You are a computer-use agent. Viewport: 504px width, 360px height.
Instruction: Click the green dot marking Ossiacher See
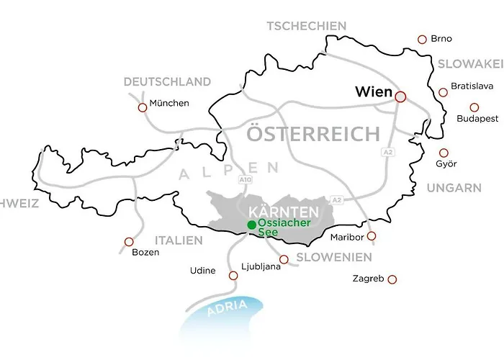pyautogui.click(x=251, y=225)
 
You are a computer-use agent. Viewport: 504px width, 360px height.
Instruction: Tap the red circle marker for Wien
pyautogui.click(x=400, y=95)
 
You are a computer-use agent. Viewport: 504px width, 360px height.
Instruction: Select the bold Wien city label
pyautogui.click(x=373, y=93)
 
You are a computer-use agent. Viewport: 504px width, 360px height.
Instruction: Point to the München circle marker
pyautogui.click(x=142, y=107)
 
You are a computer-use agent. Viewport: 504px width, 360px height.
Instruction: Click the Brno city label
pyautogui.click(x=441, y=39)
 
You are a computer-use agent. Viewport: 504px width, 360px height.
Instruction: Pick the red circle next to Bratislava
pyautogui.click(x=443, y=92)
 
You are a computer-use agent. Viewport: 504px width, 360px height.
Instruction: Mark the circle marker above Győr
pyautogui.click(x=444, y=153)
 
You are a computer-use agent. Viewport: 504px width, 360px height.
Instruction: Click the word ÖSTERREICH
pyautogui.click(x=312, y=134)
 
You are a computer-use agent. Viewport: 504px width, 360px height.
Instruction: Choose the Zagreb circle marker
pyautogui.click(x=392, y=279)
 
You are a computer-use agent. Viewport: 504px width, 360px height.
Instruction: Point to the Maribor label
pyautogui.click(x=345, y=237)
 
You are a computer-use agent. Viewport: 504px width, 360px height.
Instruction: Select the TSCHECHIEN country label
pyautogui.click(x=306, y=26)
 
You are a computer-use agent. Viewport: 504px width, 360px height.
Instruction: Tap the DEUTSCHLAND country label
pyautogui.click(x=167, y=82)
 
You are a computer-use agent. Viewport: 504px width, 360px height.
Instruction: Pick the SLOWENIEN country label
pyautogui.click(x=334, y=257)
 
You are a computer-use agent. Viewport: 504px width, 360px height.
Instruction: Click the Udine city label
pyautogui.click(x=203, y=271)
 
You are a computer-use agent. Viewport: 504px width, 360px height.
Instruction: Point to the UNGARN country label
pyautogui.click(x=454, y=188)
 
